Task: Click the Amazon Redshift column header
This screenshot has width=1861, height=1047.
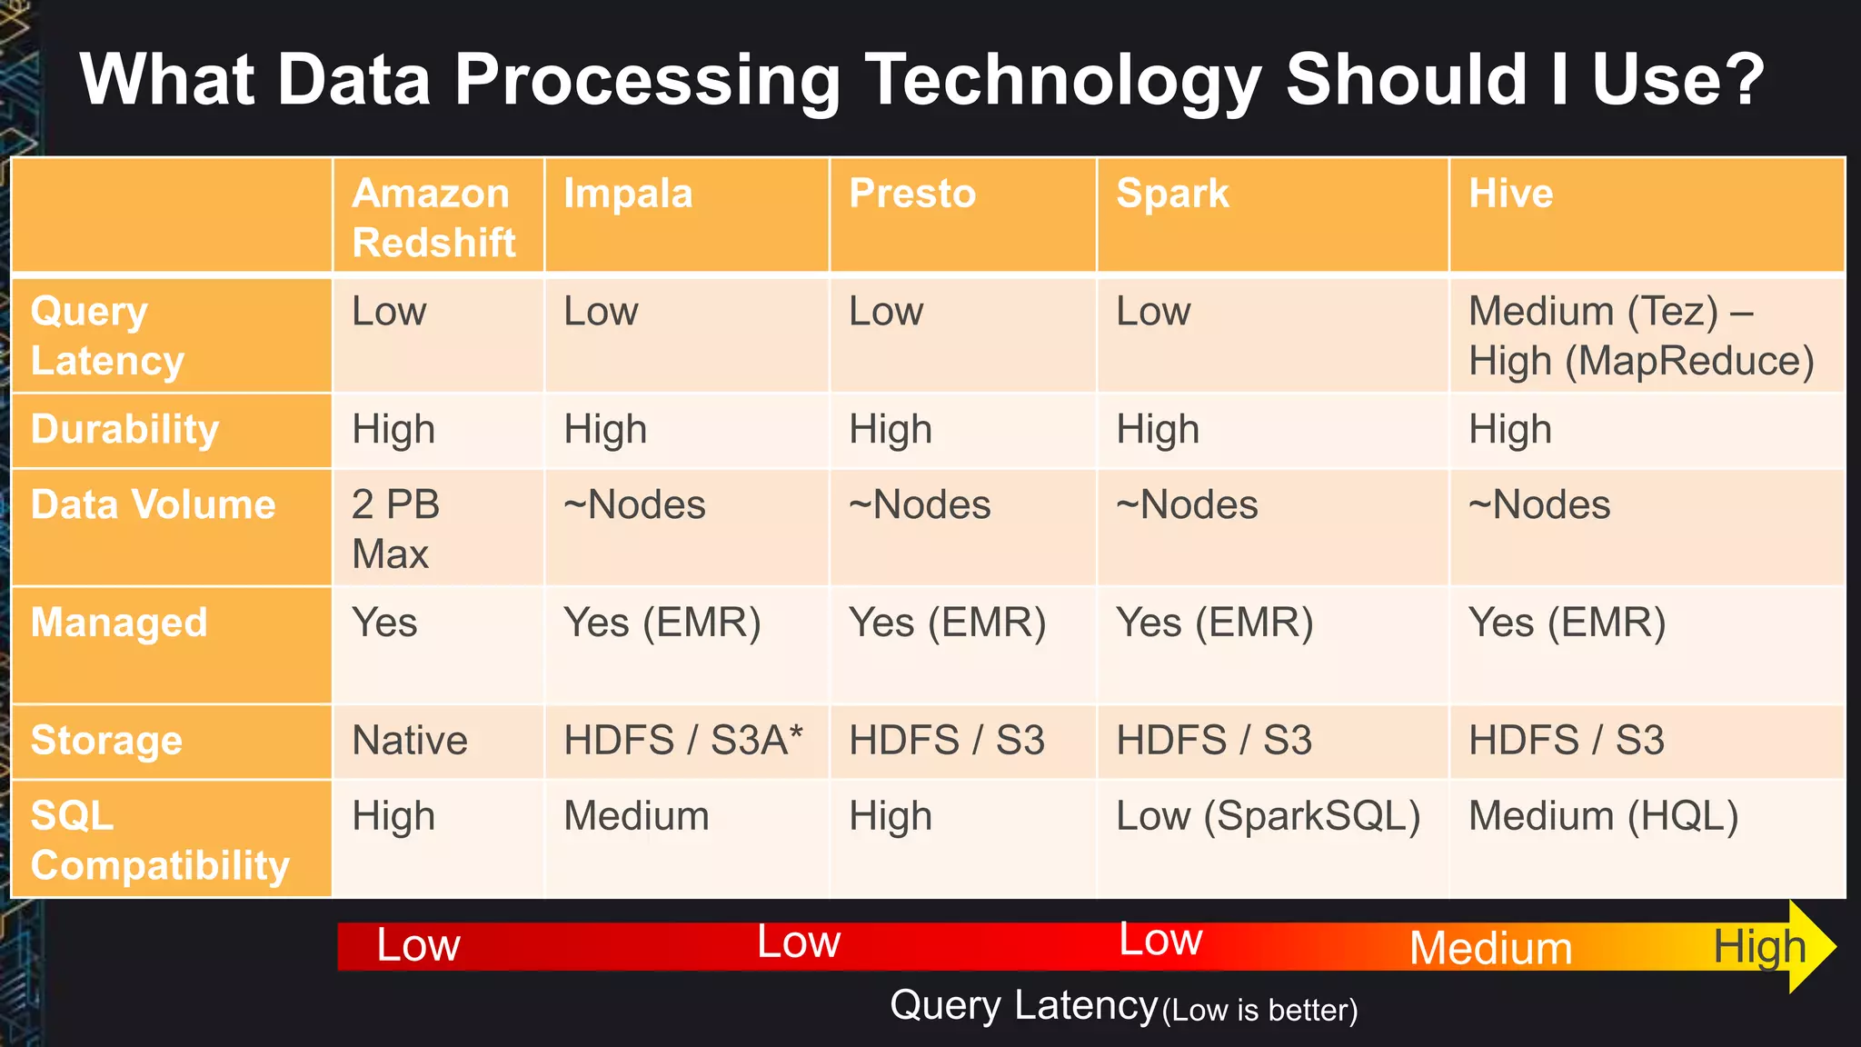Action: pyautogui.click(x=434, y=218)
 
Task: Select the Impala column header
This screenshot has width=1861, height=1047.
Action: pyautogui.click(x=628, y=194)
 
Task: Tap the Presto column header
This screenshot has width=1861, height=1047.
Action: pyautogui.click(x=912, y=194)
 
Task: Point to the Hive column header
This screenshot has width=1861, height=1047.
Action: pyautogui.click(x=1511, y=194)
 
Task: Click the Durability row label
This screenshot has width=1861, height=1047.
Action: pyautogui.click(x=124, y=429)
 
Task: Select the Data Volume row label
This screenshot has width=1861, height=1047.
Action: pyautogui.click(x=153, y=504)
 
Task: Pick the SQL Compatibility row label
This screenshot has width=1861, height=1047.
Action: pyautogui.click(x=159, y=840)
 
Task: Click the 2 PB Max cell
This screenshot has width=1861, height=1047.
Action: pyautogui.click(x=396, y=528)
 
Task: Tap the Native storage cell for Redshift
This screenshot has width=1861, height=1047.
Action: pyautogui.click(x=410, y=740)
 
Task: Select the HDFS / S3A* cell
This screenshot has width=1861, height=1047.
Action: pyautogui.click(x=683, y=740)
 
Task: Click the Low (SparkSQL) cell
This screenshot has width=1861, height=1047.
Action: pyautogui.click(x=1268, y=816)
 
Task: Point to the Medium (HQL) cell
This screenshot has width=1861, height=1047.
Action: pyautogui.click(x=1603, y=816)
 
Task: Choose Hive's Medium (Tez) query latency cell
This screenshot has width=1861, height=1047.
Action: pyautogui.click(x=1640, y=336)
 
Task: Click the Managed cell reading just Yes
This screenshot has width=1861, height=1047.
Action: pyautogui.click(x=384, y=623)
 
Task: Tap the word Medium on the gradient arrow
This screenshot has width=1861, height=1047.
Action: pyautogui.click(x=1490, y=948)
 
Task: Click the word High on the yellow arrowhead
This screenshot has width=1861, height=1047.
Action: pyautogui.click(x=1759, y=947)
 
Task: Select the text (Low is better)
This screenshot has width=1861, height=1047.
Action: pyautogui.click(x=1259, y=1011)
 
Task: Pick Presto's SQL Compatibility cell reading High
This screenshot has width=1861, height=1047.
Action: pyautogui.click(x=891, y=816)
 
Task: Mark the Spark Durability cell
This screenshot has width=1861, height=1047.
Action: pyautogui.click(x=1158, y=429)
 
